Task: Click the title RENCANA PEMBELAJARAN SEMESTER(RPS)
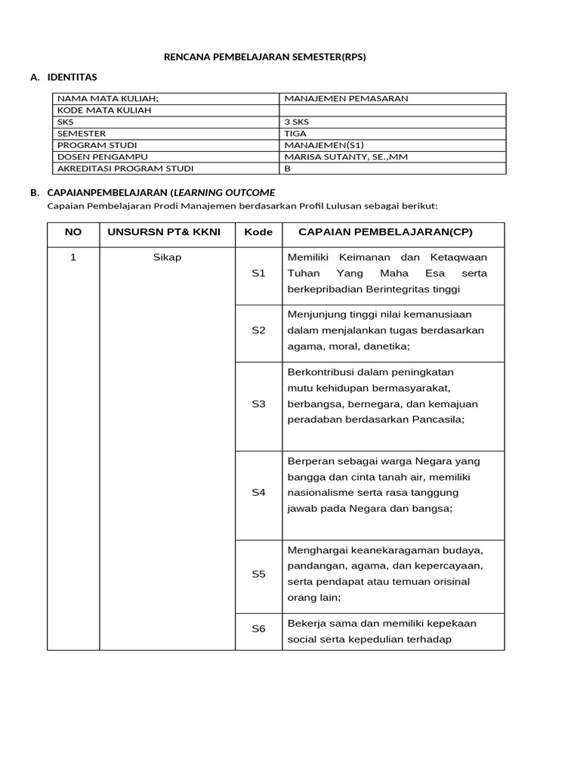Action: click(265, 57)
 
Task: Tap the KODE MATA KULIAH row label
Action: click(104, 110)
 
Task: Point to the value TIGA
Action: click(296, 133)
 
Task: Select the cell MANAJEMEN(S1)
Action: click(324, 145)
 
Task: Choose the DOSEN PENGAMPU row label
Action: click(103, 156)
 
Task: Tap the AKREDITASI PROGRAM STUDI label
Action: click(125, 169)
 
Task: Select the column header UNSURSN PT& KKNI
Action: click(164, 232)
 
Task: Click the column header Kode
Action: click(258, 232)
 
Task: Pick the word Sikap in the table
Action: click(167, 257)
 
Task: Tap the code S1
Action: click(258, 274)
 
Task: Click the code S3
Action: click(258, 404)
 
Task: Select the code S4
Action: click(258, 493)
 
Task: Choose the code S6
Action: click(258, 629)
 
